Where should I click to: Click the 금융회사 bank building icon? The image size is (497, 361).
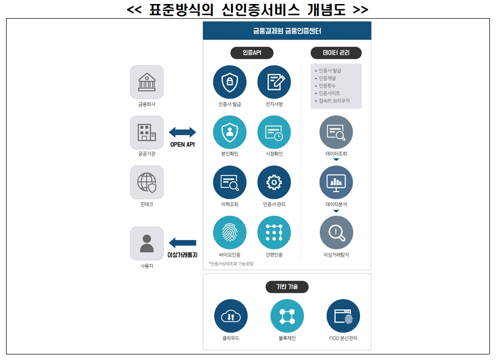pos(147,82)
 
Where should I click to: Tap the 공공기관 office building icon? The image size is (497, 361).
pos(147,132)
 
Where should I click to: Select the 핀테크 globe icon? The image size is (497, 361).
pos(147,182)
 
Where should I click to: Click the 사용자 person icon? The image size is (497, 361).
pos(147,243)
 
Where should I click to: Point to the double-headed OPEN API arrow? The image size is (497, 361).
pos(182,133)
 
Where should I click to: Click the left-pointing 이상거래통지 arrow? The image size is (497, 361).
pos(182,243)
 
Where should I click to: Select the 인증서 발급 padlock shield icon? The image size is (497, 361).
pos(229,82)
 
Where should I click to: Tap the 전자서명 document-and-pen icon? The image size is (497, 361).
pos(274,82)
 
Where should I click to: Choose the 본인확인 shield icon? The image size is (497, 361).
pos(229,132)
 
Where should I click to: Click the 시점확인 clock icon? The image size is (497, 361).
pos(274,132)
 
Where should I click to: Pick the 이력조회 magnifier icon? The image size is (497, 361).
pos(229,182)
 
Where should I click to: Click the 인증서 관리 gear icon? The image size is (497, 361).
pos(274,182)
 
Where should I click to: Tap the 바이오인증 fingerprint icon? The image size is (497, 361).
pos(229,232)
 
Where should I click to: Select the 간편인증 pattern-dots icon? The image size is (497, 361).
pos(274,232)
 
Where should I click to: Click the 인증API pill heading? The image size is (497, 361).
pos(245,52)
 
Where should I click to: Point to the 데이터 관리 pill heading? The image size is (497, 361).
pos(336,52)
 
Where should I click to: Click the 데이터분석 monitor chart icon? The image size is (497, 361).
pos(336,182)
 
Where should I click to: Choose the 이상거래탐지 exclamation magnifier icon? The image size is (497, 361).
pos(336,232)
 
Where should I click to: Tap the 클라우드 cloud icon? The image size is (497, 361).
pos(231,316)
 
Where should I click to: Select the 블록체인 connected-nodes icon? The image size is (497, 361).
pos(287,316)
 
